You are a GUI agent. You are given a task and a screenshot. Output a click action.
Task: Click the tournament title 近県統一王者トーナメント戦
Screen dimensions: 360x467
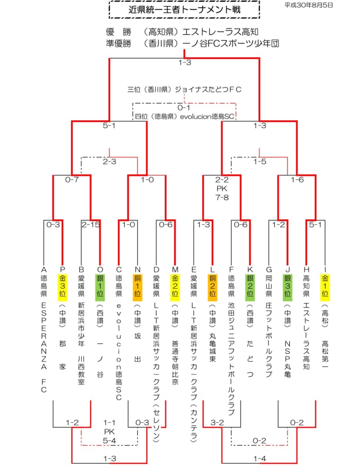point(185,10)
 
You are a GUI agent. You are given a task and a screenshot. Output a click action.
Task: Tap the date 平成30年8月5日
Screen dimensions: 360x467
point(309,5)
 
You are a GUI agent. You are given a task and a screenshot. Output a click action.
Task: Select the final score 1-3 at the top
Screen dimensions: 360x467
point(185,62)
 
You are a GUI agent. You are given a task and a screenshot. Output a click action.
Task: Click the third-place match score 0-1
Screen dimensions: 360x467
point(184,108)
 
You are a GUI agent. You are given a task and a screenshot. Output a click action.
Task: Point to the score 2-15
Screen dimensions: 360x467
point(91,224)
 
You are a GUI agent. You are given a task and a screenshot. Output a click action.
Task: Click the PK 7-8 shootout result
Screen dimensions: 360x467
point(222,193)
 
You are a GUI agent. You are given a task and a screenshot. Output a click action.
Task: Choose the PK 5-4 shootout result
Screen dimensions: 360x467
point(109,436)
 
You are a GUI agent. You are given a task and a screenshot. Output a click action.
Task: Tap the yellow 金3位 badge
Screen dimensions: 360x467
point(62,286)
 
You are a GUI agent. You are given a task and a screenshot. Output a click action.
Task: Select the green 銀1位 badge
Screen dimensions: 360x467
point(100,286)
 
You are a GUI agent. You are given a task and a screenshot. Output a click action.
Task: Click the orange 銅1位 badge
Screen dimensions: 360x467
point(138,286)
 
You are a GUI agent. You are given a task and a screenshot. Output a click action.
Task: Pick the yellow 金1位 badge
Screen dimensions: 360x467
point(325,286)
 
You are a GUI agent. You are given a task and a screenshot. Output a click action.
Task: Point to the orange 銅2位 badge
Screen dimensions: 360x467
point(212,286)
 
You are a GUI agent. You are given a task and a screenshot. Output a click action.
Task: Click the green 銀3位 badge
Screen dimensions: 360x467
point(288,286)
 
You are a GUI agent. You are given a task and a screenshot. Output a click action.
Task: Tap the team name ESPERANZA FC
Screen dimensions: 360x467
point(44,348)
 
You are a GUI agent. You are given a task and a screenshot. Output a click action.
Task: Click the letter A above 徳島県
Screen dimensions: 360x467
point(44,270)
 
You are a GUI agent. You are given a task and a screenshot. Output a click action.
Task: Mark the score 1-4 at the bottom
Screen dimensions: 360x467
point(260,459)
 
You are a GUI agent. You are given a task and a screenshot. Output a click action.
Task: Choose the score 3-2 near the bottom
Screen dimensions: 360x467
point(217,423)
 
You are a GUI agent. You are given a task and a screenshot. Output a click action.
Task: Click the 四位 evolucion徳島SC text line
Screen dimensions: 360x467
point(185,116)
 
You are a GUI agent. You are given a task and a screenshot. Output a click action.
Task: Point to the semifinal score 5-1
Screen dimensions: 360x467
point(109,126)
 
